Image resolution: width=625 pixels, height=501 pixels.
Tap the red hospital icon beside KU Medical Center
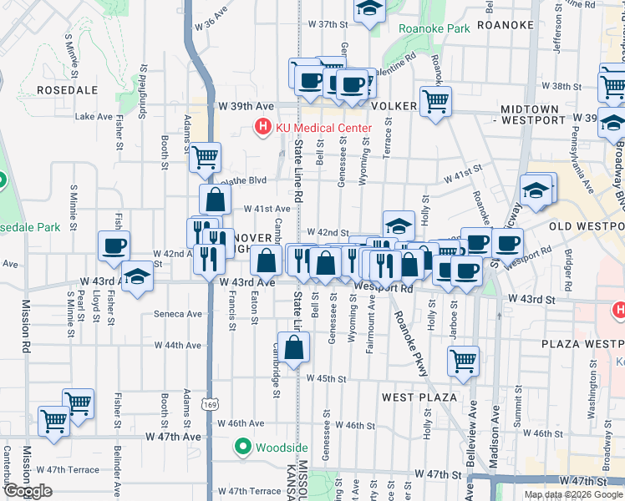point(262,128)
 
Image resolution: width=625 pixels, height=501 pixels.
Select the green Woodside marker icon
point(243,448)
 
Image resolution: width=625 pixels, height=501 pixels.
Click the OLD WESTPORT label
point(587,226)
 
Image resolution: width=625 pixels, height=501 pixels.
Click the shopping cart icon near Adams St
point(206,156)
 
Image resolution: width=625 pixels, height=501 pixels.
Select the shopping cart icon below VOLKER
point(435,101)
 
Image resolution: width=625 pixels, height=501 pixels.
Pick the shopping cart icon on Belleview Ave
point(463,361)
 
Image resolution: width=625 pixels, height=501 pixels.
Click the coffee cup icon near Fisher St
point(114,245)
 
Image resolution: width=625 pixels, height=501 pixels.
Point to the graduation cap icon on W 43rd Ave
point(137,276)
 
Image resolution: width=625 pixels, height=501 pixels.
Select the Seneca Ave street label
point(179,315)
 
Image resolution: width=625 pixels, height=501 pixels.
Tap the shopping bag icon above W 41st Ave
point(215,199)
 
